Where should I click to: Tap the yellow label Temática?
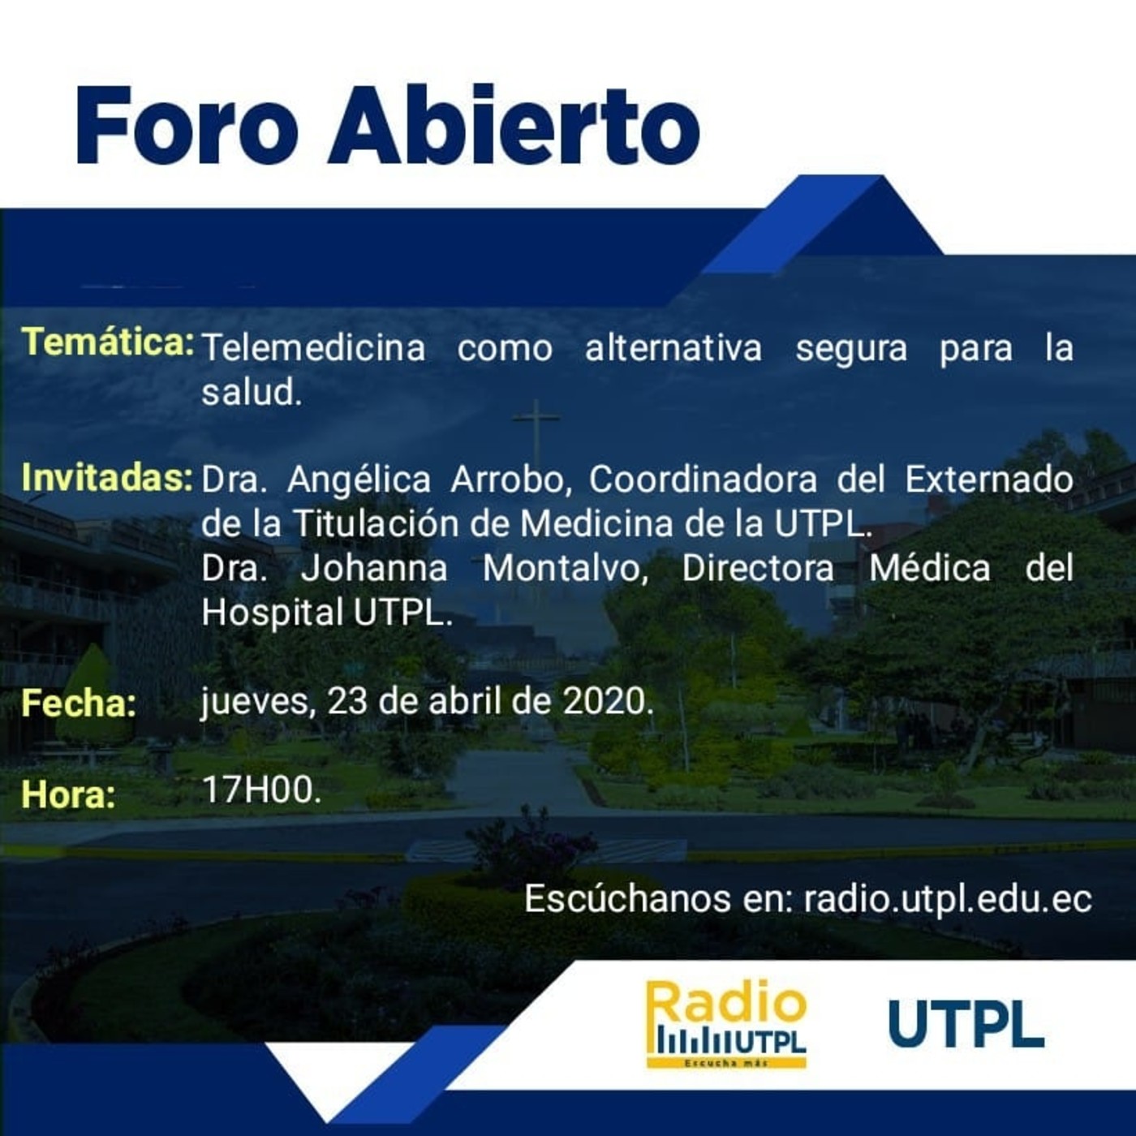point(107,342)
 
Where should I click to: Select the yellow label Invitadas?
point(106,477)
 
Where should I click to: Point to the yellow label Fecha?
point(79,703)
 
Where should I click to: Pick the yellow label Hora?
point(68,794)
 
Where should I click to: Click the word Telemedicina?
point(313,348)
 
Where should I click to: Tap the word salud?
point(251,393)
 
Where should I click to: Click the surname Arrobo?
point(511,480)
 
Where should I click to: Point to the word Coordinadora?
point(703,480)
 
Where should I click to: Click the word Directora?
point(758,568)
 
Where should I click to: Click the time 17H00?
point(260,790)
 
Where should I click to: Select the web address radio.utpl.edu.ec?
point(947,899)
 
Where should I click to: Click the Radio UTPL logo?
point(726,1024)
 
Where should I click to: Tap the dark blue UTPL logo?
point(966,1024)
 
